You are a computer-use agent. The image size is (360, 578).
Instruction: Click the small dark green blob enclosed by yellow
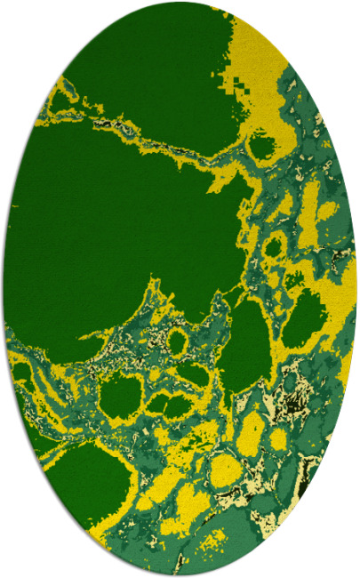tap(262, 144)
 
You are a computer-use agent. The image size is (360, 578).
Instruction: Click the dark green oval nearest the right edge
tap(304, 317)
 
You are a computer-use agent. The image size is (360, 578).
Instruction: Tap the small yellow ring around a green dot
tap(177, 341)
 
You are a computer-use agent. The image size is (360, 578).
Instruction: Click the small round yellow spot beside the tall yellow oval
tap(279, 438)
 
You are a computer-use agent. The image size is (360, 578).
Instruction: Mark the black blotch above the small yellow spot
tap(287, 409)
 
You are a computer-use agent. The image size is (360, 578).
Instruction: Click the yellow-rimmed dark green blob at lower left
tap(122, 397)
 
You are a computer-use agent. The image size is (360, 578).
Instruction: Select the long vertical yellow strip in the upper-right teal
tap(309, 213)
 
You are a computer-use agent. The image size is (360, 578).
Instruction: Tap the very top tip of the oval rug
tap(180, 3)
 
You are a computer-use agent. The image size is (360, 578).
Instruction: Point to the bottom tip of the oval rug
tap(180, 575)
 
